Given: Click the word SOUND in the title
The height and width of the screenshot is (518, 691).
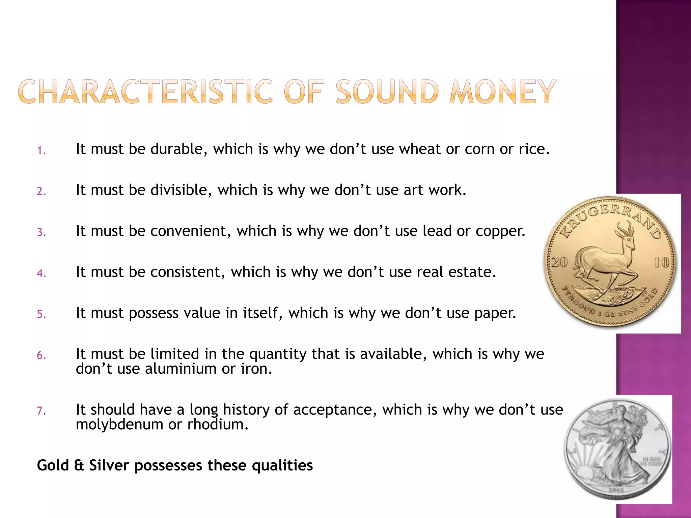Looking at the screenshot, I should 387,92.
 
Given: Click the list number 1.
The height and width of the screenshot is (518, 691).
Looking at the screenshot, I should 41,150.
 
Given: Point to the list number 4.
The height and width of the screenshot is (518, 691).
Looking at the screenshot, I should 41,273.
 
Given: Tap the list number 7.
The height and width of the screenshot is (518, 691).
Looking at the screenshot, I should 41,411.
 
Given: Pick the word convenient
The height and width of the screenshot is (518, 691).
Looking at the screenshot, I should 190,231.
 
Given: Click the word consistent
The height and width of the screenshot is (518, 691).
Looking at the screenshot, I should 187,272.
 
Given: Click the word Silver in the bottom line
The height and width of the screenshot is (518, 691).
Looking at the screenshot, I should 109,465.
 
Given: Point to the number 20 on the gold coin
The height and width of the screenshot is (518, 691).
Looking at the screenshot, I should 560,262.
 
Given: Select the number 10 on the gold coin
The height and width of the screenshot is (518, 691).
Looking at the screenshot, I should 661,262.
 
